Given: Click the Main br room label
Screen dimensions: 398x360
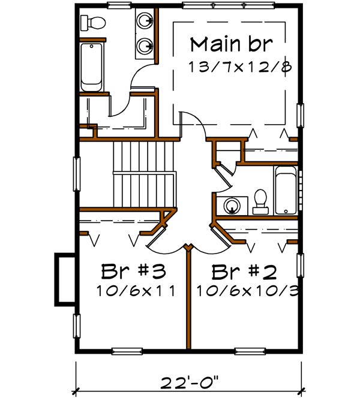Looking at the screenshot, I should point(232,45).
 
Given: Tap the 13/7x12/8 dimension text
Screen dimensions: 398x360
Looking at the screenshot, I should point(240,67).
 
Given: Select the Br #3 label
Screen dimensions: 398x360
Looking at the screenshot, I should point(133,272).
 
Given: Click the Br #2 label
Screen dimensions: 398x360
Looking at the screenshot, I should point(244,272).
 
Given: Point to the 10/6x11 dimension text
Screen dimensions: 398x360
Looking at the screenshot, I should point(135,292).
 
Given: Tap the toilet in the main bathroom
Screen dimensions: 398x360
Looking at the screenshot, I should point(93,23).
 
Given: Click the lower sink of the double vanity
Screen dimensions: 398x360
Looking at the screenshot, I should point(144,45).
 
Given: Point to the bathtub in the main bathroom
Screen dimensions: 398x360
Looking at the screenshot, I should point(92,66).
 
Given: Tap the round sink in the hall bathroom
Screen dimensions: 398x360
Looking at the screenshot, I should point(232,206).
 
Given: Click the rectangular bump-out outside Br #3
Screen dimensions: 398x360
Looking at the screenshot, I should point(65,278).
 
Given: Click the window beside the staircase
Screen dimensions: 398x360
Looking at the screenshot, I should point(77,173).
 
